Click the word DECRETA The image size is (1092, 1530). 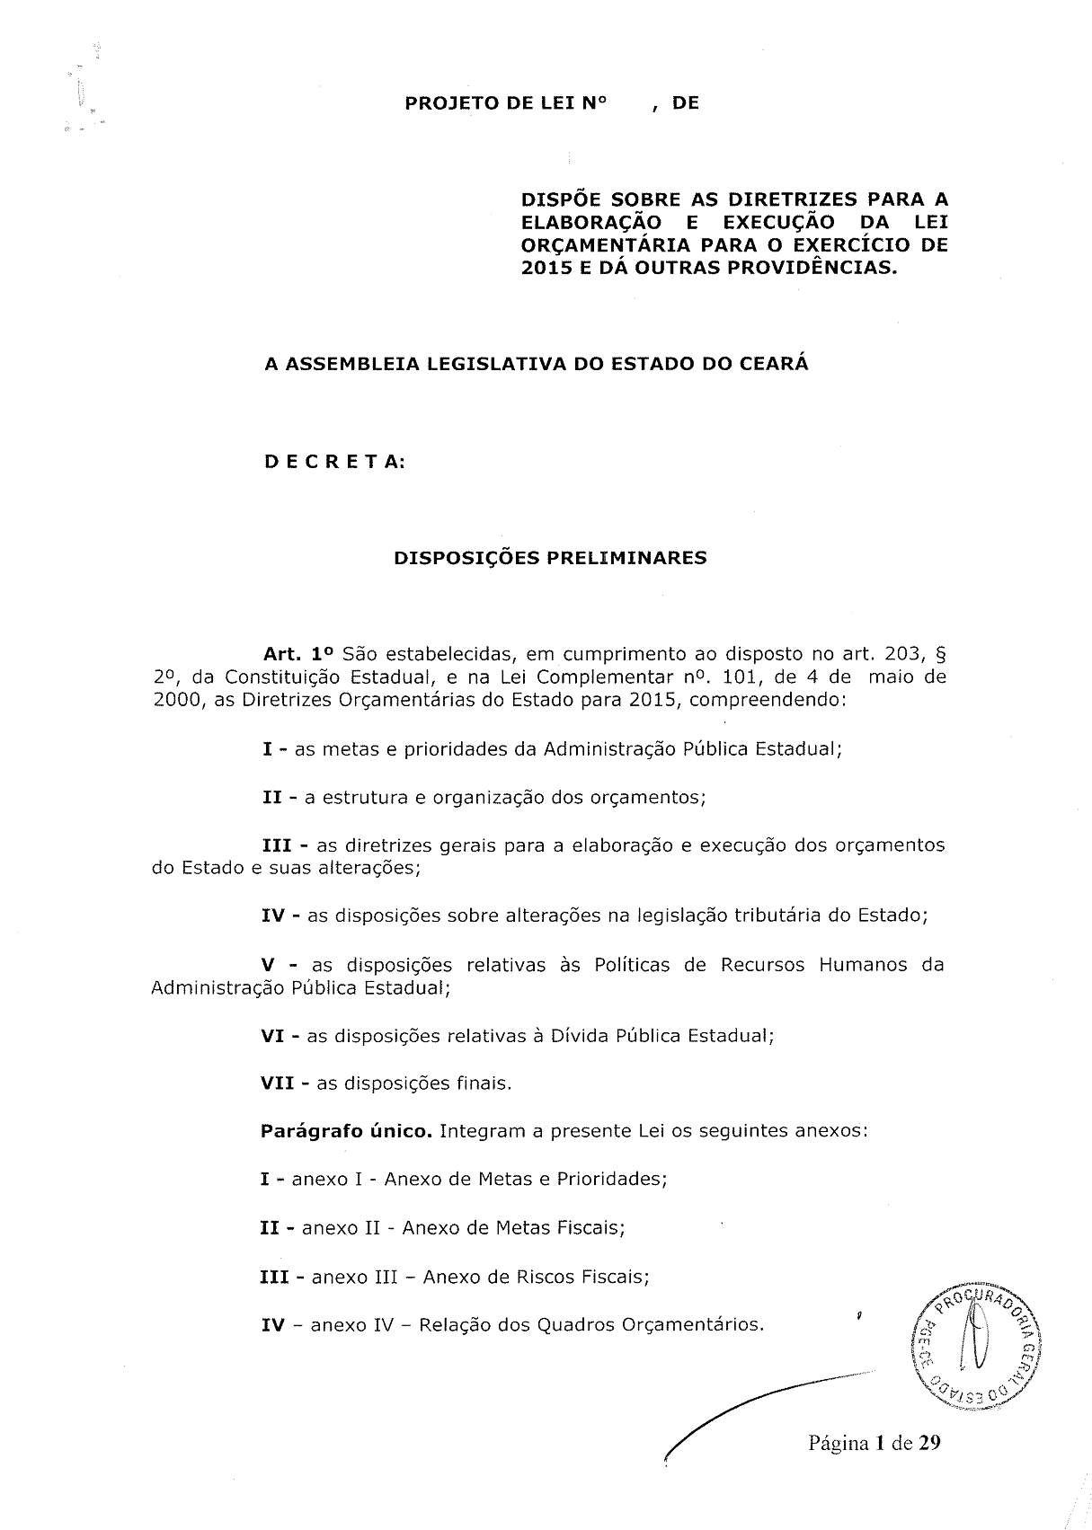coord(333,462)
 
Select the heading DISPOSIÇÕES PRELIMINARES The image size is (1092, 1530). coord(550,558)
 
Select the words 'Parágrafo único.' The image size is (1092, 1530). coord(347,1131)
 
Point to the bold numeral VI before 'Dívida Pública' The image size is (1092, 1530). coord(273,1036)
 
